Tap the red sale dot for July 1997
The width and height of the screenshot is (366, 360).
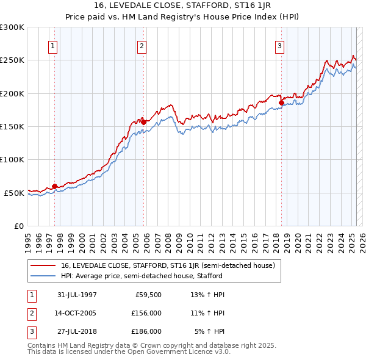[x=55, y=186]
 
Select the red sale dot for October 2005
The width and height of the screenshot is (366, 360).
[x=144, y=122]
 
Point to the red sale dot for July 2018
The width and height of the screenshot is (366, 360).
[x=282, y=103]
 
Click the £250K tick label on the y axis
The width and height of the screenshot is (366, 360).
[x=12, y=60]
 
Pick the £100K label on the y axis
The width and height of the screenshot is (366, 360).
[x=12, y=159]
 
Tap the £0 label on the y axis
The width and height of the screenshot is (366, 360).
[x=20, y=226]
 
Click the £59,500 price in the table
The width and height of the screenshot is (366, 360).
[x=148, y=295]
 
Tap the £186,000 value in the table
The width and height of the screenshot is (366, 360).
[x=146, y=331]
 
